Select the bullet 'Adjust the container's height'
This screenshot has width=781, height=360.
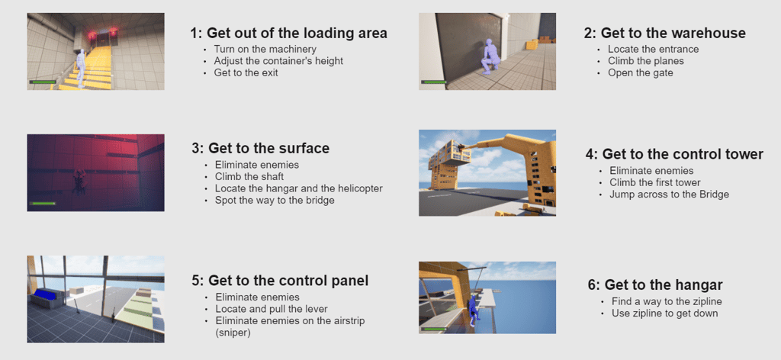(x=278, y=61)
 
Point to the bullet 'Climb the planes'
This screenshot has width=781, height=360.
(x=645, y=61)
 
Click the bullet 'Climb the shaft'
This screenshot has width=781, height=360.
(x=249, y=177)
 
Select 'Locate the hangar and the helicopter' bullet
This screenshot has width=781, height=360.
(x=299, y=188)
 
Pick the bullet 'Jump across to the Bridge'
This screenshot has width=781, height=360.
(x=669, y=194)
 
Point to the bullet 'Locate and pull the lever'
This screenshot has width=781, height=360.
(x=272, y=309)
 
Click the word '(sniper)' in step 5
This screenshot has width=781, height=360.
(x=233, y=333)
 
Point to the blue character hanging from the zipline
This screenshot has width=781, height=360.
(x=474, y=310)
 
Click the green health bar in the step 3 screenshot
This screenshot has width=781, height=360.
(x=43, y=203)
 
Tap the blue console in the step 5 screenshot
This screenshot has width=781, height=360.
(x=47, y=294)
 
